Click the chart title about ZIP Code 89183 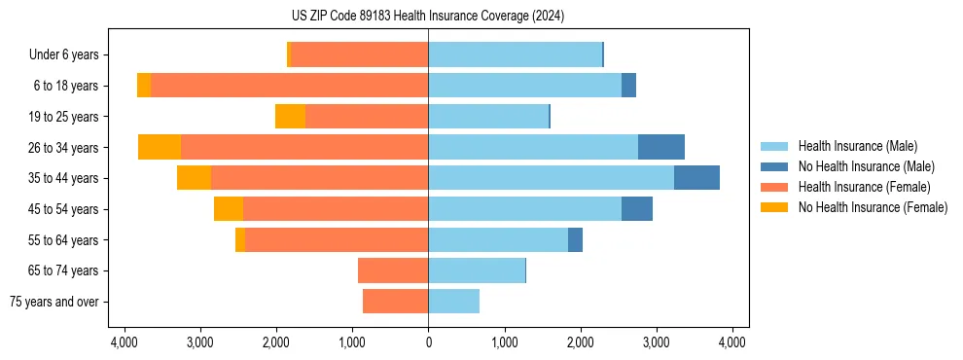pyautogui.click(x=427, y=17)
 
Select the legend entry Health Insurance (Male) pyautogui.click(x=857, y=146)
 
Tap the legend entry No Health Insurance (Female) pyautogui.click(x=873, y=207)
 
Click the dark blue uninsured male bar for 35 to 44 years pyautogui.click(x=696, y=178)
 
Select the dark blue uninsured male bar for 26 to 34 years pyautogui.click(x=661, y=147)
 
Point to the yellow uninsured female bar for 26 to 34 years pyautogui.click(x=160, y=147)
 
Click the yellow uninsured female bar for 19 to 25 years pyautogui.click(x=290, y=117)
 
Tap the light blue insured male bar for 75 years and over pyautogui.click(x=453, y=302)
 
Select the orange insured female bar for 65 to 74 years pyautogui.click(x=393, y=270)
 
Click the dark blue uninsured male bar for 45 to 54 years pyautogui.click(x=637, y=209)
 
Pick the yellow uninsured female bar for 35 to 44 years pyautogui.click(x=194, y=178)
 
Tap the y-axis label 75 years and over pyautogui.click(x=53, y=302)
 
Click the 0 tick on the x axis pyautogui.click(x=428, y=342)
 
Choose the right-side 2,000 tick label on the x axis pyautogui.click(x=580, y=342)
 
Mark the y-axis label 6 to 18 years pyautogui.click(x=65, y=86)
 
